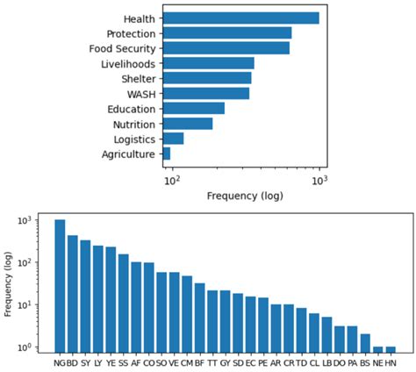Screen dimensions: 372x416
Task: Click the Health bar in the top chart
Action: coord(241,18)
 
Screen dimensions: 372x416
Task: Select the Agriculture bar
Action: coord(167,154)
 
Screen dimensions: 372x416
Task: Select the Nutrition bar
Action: coord(188,124)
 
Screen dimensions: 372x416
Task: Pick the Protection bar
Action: coord(227,32)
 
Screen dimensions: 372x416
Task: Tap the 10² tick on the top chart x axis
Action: coord(172,180)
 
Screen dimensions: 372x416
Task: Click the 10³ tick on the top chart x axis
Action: coord(320,180)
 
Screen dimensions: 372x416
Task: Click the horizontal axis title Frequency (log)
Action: coord(242,197)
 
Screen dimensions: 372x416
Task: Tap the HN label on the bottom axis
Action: coord(391,361)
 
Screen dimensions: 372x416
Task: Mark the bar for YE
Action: coord(111,297)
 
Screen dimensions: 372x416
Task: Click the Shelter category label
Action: coord(138,79)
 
